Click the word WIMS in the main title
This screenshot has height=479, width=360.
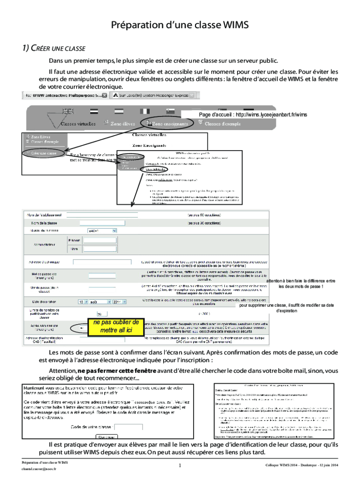(x=232, y=25)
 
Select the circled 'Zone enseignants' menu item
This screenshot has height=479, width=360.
(x=167, y=124)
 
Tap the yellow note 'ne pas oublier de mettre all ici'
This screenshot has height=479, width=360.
(x=115, y=327)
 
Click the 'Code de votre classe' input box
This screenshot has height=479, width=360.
(x=128, y=428)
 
